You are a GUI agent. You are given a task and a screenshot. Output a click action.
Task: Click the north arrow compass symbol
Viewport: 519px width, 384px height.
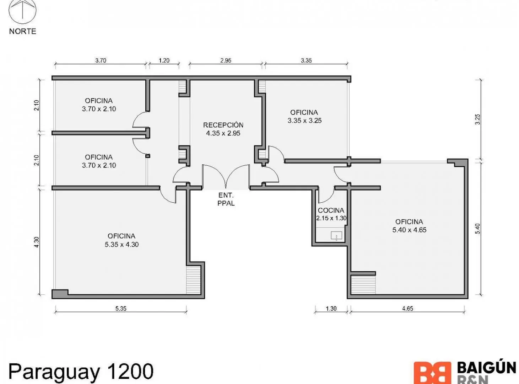(22, 11)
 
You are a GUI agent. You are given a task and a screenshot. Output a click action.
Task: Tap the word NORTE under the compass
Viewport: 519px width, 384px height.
(23, 31)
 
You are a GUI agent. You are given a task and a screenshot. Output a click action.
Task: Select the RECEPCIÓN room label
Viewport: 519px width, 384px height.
(223, 125)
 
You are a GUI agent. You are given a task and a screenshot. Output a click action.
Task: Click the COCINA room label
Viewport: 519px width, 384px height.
(331, 210)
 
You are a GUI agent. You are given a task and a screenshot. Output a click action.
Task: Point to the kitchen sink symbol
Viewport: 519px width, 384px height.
(336, 236)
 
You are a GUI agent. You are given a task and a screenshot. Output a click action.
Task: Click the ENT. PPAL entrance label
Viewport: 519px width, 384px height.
(226, 199)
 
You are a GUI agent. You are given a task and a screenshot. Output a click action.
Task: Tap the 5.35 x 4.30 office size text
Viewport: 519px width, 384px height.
(122, 244)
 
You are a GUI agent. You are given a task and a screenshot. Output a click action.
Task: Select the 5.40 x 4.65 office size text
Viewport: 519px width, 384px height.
(409, 230)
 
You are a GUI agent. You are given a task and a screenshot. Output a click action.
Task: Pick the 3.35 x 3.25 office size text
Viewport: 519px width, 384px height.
(304, 121)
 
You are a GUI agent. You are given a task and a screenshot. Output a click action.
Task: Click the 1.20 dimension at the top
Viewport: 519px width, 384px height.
(164, 60)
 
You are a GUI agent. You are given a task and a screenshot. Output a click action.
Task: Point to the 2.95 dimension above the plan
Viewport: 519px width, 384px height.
(226, 60)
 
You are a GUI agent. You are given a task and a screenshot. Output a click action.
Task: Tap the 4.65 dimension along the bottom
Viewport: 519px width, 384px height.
(407, 309)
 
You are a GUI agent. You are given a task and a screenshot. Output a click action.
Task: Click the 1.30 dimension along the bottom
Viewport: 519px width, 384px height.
(331, 309)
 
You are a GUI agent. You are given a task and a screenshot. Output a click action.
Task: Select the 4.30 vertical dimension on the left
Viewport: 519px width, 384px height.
(37, 242)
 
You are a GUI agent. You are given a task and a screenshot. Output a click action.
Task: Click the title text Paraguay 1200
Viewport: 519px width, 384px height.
(81, 372)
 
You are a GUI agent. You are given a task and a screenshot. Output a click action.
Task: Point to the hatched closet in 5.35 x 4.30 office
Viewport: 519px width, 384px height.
(194, 279)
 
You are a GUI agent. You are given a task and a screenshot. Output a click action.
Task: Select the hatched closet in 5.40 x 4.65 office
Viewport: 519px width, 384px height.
(363, 285)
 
